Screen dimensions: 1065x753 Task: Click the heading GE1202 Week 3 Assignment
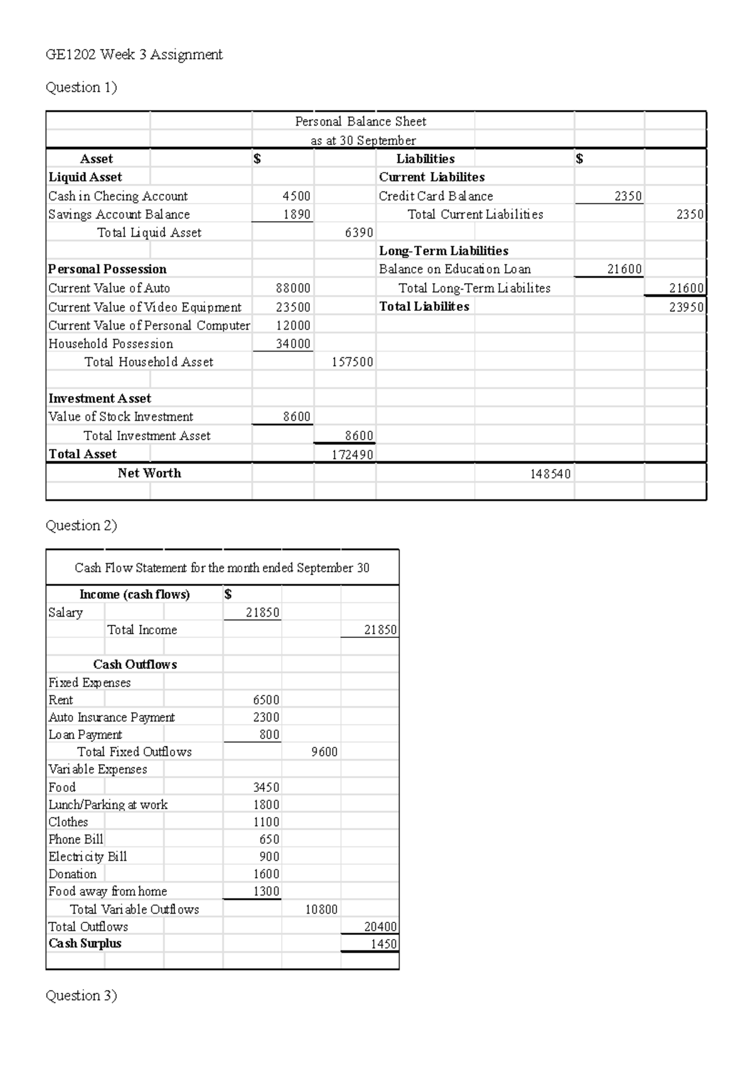(x=134, y=55)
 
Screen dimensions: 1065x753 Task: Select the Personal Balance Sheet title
(x=360, y=121)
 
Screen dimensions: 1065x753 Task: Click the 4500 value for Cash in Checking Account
(x=296, y=196)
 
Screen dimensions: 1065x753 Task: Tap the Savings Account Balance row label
(x=119, y=214)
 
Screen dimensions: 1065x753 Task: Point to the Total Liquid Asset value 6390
(x=359, y=232)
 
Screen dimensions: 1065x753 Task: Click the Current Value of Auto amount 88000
(x=293, y=288)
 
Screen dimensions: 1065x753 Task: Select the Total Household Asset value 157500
(x=352, y=362)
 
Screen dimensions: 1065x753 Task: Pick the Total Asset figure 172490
(x=352, y=454)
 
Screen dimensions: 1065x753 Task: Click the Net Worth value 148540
(x=550, y=473)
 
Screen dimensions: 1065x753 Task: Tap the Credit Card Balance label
(x=435, y=196)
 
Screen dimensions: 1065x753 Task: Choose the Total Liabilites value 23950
(x=686, y=306)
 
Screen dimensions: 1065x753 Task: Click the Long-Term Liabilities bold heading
(x=444, y=251)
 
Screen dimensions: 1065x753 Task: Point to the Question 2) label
(x=82, y=525)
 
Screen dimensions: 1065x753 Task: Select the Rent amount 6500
(x=266, y=700)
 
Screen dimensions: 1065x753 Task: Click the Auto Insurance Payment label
(x=112, y=717)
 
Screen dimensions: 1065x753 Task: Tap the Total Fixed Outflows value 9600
(x=324, y=752)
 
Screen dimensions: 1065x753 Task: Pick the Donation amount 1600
(x=266, y=873)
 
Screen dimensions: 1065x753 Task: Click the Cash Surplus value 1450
(x=383, y=943)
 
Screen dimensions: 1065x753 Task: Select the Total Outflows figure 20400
(x=380, y=926)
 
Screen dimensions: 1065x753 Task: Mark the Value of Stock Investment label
(x=120, y=416)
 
